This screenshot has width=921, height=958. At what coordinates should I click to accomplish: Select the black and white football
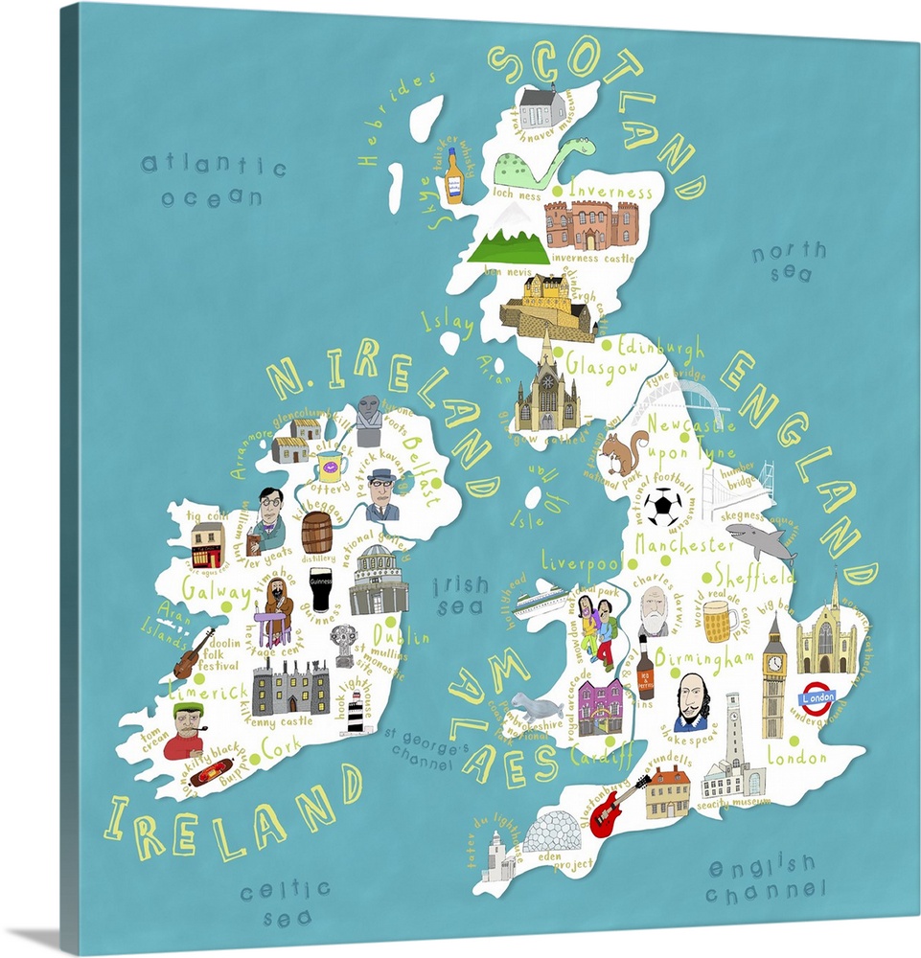coord(662,507)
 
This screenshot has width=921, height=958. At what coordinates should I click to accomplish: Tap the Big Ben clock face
coord(774,661)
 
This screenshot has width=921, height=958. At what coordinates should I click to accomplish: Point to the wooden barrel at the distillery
coord(316,533)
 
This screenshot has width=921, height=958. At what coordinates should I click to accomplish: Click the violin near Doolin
coord(194,653)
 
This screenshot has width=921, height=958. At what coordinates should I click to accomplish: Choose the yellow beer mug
coord(720,621)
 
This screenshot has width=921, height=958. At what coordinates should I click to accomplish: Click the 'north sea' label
coord(788,262)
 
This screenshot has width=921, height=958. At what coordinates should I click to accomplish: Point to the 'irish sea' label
coord(460,595)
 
